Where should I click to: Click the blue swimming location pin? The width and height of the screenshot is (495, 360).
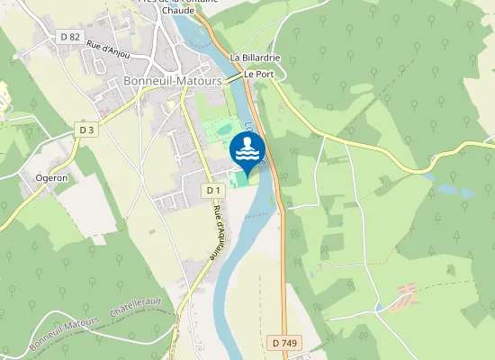pos(247,150)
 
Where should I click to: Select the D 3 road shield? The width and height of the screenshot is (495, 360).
pos(86,130)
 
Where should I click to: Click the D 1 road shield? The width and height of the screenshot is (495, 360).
pos(212,190)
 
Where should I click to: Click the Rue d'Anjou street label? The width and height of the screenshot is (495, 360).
pos(108,49)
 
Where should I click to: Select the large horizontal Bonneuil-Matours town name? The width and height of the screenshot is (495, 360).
pos(171,81)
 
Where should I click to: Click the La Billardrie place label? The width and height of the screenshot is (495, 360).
pos(256,58)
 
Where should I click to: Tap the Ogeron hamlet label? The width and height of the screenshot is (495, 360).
pos(51,178)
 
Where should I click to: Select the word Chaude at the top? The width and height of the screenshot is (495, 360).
pos(179,11)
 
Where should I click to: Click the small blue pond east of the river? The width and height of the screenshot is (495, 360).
pos(456,192)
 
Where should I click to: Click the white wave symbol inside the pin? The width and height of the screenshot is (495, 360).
pos(247,155)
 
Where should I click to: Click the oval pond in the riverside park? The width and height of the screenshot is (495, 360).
pos(223,130)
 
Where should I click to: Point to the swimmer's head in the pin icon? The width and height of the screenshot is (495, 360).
pos(247,142)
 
